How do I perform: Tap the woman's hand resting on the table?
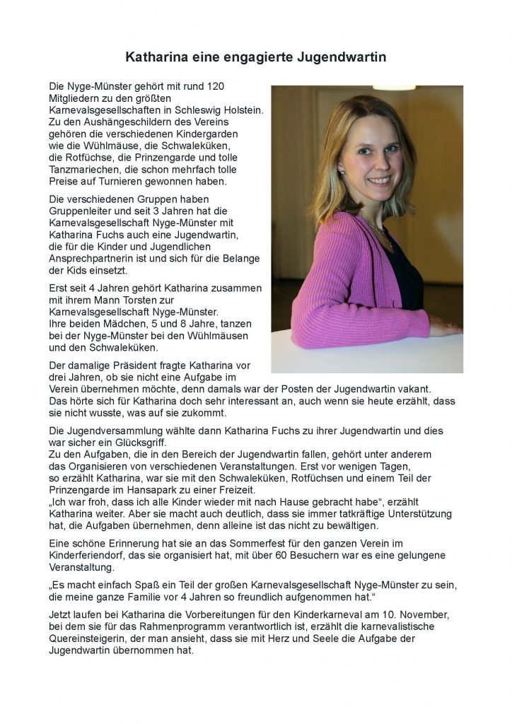446,326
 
